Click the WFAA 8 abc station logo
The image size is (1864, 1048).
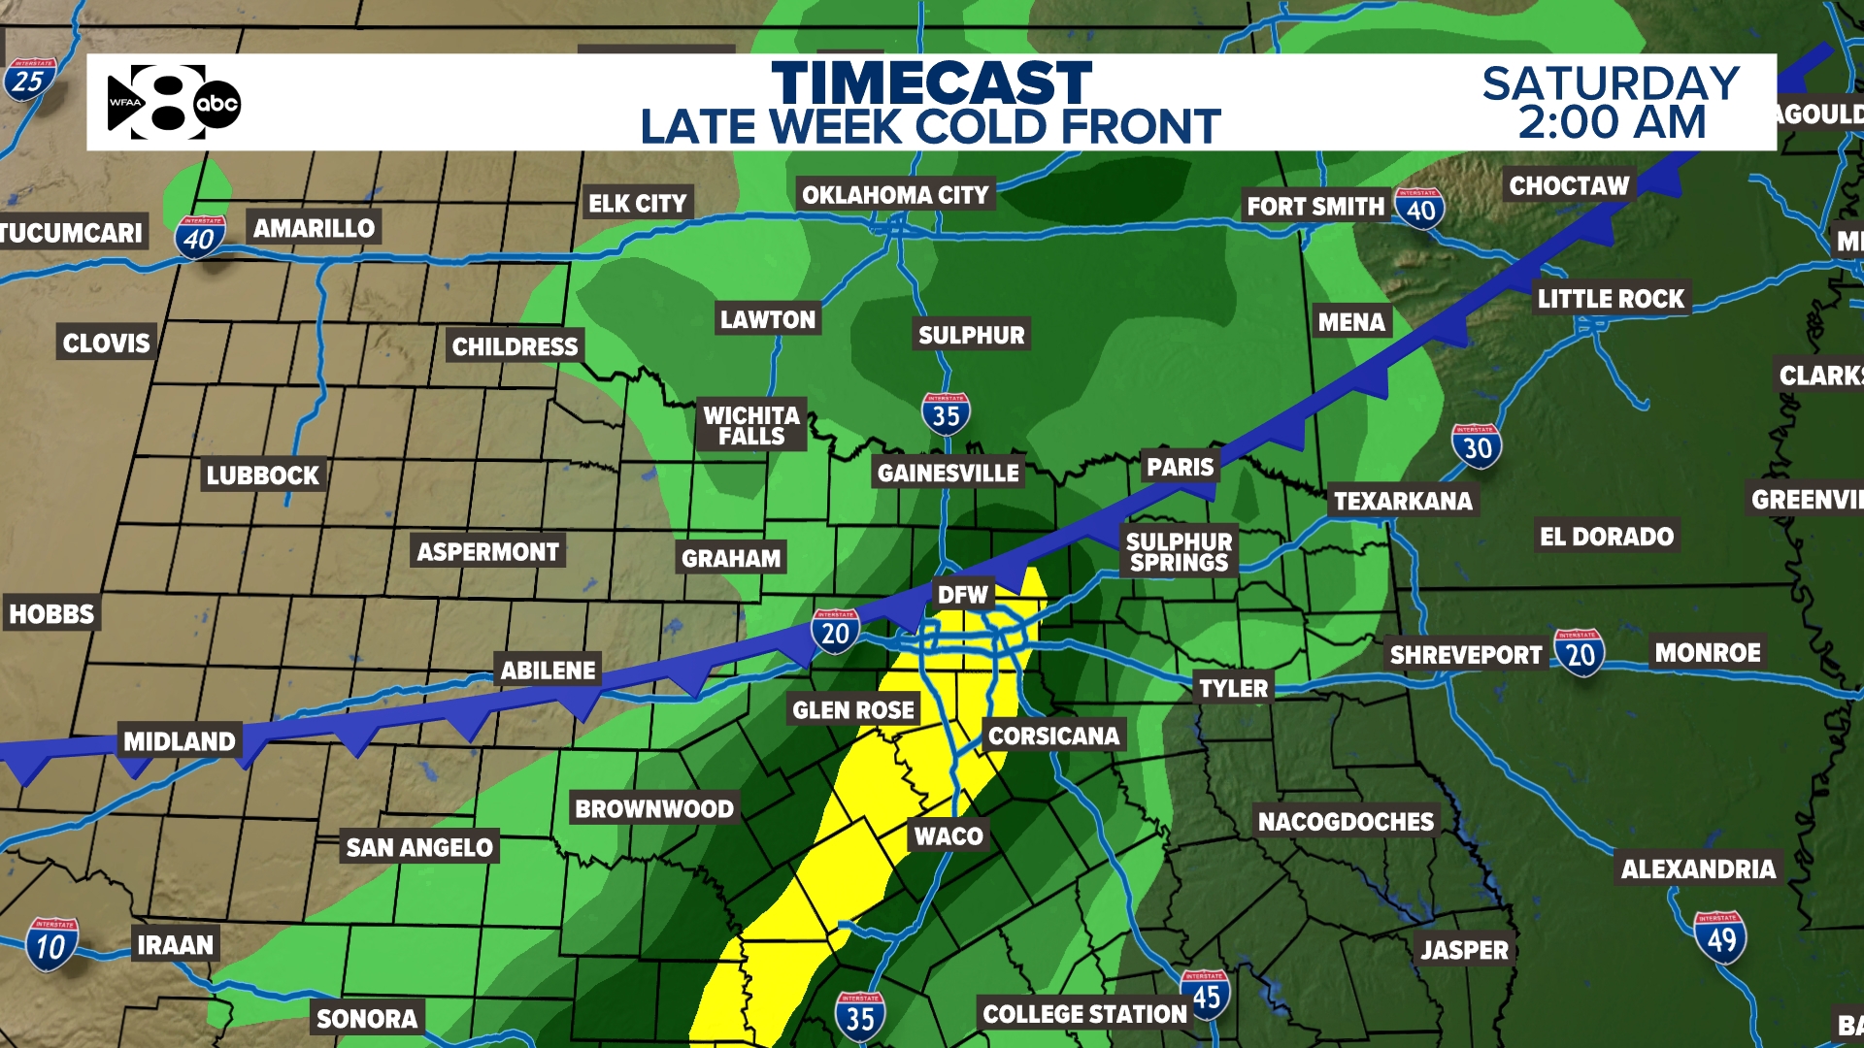click(x=174, y=102)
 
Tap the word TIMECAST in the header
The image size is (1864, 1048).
click(x=931, y=83)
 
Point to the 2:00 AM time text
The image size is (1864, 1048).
click(x=1612, y=123)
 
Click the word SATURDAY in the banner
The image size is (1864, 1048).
click(x=1611, y=83)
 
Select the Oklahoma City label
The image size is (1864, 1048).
click(x=894, y=195)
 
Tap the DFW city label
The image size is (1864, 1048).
click(x=962, y=595)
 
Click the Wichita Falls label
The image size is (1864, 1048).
click(x=751, y=426)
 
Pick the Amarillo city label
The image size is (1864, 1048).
click(x=314, y=228)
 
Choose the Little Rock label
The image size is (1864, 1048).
click(x=1611, y=299)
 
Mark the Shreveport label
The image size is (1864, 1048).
click(x=1465, y=655)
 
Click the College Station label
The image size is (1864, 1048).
click(x=1084, y=1014)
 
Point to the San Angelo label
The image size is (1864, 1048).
click(x=419, y=847)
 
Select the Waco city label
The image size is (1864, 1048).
click(x=949, y=835)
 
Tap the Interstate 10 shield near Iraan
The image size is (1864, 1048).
click(x=50, y=944)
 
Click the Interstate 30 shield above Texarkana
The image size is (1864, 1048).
click(x=1477, y=446)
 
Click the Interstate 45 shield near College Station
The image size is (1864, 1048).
click(x=1206, y=995)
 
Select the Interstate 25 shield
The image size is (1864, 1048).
click(x=28, y=80)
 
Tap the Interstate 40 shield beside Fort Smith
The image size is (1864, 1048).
click(x=1420, y=208)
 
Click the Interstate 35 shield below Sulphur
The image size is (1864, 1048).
click(x=946, y=414)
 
